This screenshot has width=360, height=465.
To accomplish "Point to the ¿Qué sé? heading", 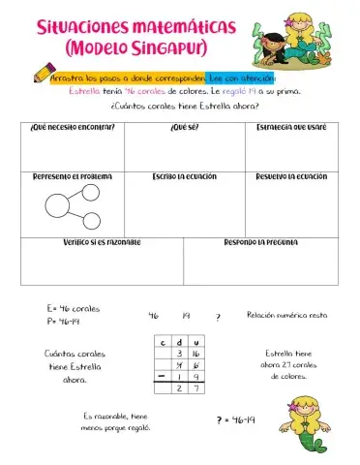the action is [x=181, y=127].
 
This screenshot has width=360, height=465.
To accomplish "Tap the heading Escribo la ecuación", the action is [x=181, y=176].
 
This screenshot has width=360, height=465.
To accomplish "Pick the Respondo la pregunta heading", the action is [x=260, y=241].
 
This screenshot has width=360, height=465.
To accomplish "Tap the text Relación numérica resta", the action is [x=286, y=315].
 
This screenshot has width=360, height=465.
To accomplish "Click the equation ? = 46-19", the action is [x=235, y=419].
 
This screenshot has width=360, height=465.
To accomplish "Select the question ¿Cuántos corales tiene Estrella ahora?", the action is [x=179, y=106].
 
